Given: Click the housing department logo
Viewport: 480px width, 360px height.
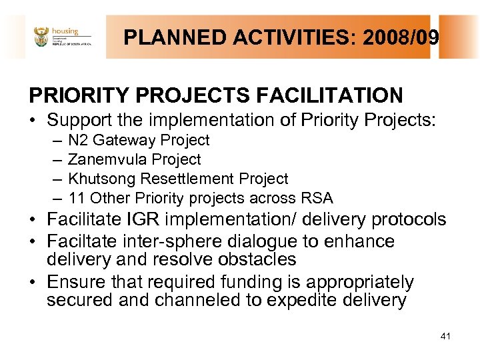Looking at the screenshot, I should coord(62,37).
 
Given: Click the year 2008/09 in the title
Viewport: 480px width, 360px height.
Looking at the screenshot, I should coord(401,37).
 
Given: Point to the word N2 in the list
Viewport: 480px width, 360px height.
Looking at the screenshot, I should coord(78,141).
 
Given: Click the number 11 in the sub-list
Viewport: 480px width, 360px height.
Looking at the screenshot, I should coord(76,199).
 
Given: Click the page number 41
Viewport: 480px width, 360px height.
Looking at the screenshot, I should coord(445,335).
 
